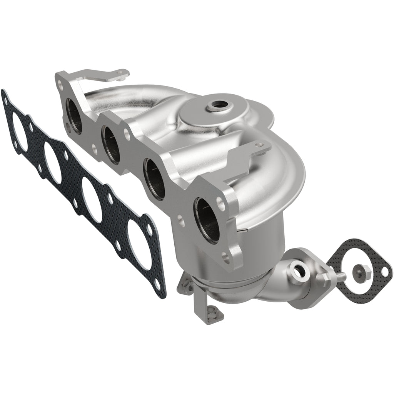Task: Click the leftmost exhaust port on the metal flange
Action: tap(73, 115)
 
